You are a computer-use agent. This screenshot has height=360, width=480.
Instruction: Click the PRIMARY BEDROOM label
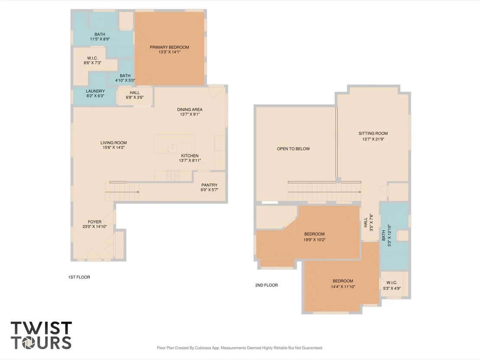point(169,47)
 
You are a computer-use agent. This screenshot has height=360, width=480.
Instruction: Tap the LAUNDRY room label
point(95,91)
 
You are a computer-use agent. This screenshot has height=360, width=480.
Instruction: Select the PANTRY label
point(209,185)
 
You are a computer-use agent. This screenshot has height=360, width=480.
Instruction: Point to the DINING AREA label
point(190,109)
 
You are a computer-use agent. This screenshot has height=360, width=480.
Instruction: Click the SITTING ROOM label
point(373,133)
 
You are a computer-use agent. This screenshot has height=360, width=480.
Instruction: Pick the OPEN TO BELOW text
point(293,149)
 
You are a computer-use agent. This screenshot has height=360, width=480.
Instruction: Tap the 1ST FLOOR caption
point(79,277)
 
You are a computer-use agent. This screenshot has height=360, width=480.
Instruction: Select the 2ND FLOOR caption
point(266,285)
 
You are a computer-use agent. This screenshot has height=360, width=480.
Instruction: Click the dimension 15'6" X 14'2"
point(114,147)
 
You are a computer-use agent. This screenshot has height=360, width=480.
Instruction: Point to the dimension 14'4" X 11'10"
point(343,287)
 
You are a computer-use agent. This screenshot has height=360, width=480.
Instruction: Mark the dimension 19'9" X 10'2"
point(315,240)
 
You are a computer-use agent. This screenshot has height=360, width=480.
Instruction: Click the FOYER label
point(94,222)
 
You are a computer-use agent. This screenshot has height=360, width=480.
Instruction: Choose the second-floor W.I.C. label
point(392,282)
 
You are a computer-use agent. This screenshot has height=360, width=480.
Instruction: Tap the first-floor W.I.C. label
point(92,58)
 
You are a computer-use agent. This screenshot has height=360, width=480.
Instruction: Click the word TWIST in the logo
point(41,328)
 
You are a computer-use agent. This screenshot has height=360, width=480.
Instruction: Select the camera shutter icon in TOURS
point(29,343)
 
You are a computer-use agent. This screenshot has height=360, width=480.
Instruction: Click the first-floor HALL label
point(135,92)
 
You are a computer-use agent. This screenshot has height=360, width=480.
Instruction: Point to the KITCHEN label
point(190,156)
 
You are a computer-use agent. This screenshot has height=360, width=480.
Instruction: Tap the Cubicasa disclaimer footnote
point(240,348)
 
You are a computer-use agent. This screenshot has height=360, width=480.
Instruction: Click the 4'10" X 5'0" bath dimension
point(125,80)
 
